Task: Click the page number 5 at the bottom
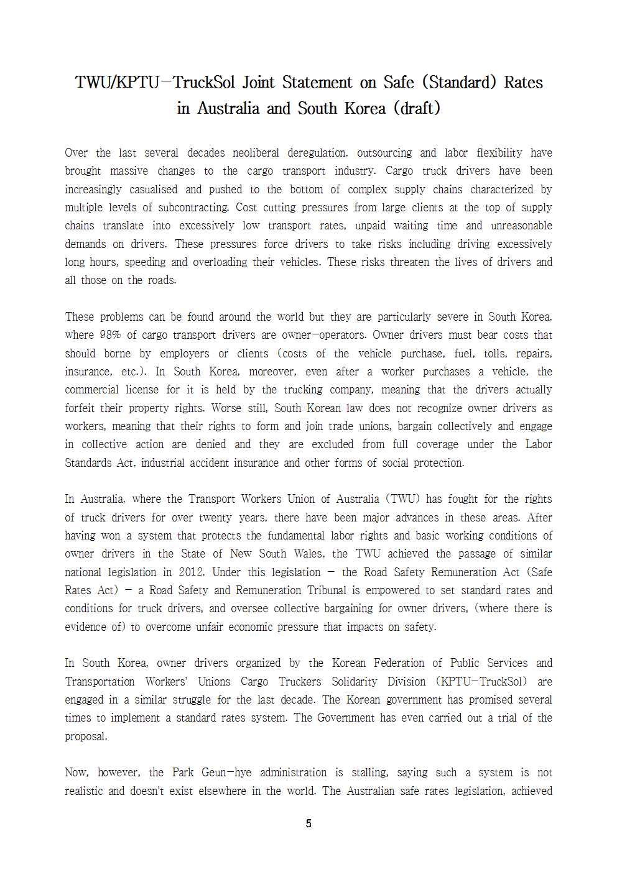tap(308, 824)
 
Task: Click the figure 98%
tap(110, 335)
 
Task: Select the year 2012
tap(192, 572)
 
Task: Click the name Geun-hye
tap(226, 773)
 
